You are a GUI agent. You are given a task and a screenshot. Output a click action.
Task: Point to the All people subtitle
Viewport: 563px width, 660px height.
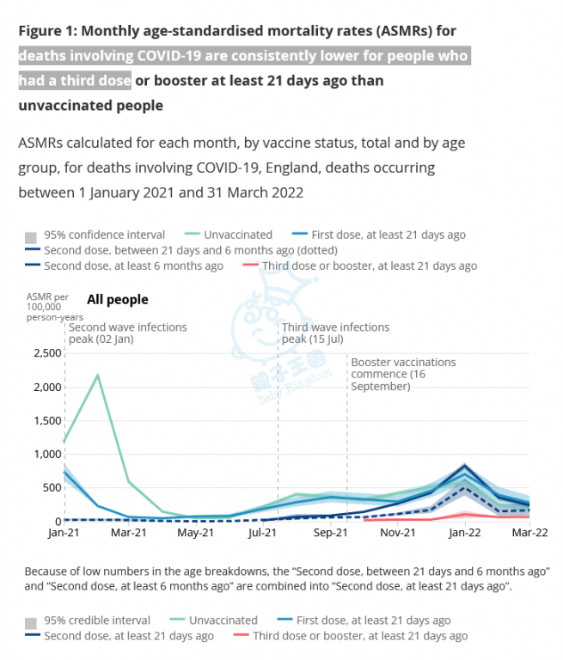(117, 300)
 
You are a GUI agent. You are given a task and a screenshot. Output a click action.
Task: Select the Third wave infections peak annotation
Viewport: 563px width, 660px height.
(335, 333)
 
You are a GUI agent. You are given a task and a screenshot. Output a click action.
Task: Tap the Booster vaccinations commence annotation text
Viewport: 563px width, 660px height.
(402, 374)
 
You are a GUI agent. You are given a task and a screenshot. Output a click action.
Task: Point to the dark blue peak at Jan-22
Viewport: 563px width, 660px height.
(465, 466)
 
